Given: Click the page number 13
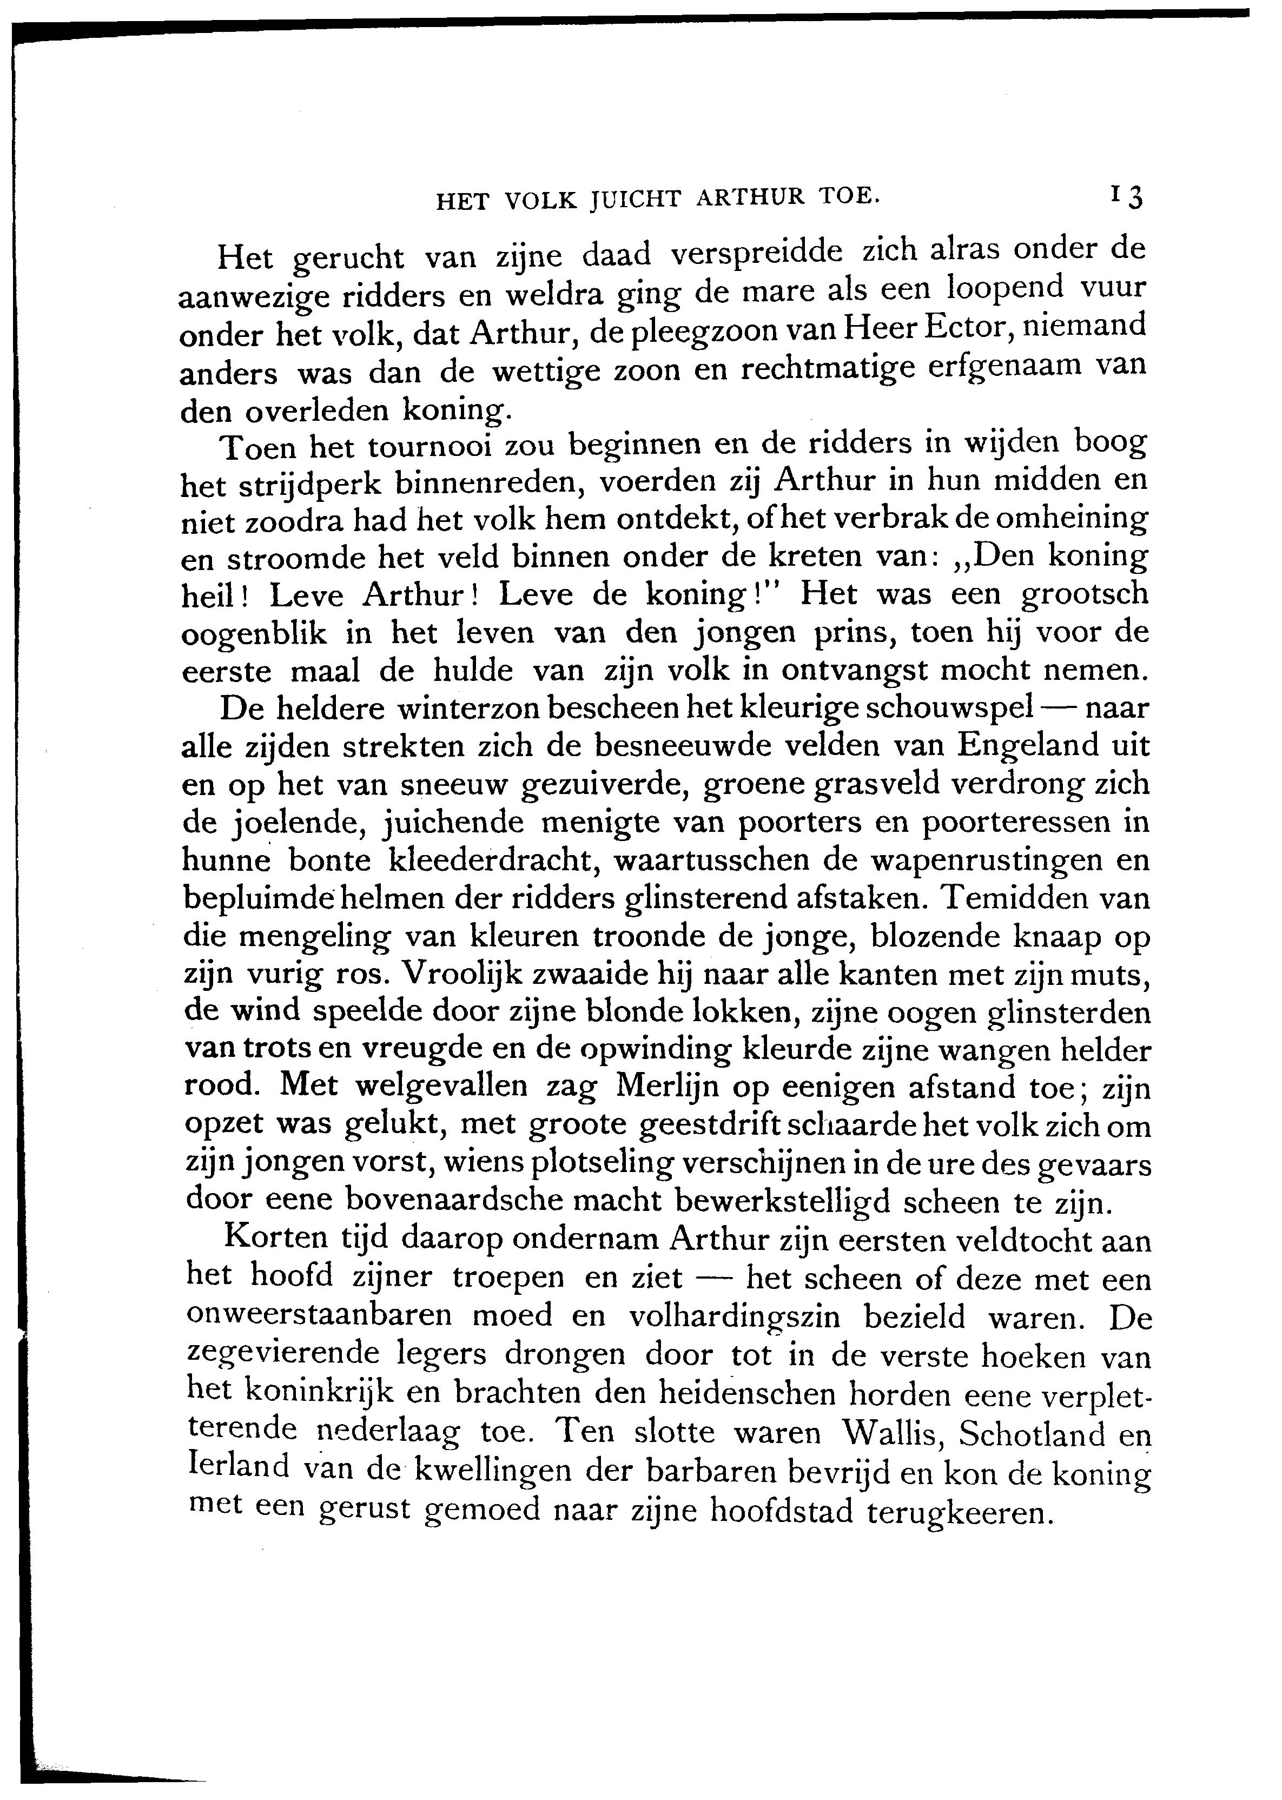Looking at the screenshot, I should pos(1127,196).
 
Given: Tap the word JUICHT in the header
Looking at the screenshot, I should pos(636,200).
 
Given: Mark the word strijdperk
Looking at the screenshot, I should pos(277,485).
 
